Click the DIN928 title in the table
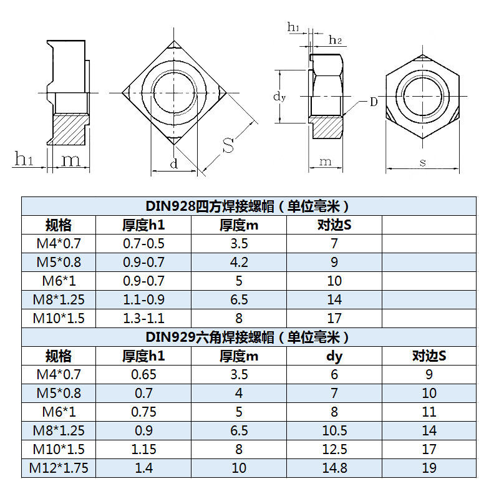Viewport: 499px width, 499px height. coord(248,206)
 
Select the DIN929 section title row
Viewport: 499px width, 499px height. coord(248,337)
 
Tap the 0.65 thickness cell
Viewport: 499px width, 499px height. coord(143,375)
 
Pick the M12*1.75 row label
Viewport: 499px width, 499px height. coord(59,468)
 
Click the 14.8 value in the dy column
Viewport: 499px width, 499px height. coord(334,468)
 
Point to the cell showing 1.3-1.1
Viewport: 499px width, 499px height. coord(143,319)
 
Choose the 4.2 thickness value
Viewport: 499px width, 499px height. coord(239,263)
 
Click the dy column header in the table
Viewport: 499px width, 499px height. coord(334,356)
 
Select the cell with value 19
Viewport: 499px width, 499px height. coord(429,468)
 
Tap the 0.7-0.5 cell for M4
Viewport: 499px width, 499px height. coord(143,244)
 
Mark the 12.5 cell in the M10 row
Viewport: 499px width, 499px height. coord(334,450)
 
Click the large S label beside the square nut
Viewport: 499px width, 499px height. coord(228,146)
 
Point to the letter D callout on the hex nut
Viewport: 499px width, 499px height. coord(373,102)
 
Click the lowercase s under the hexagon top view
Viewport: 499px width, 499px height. coord(423,163)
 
